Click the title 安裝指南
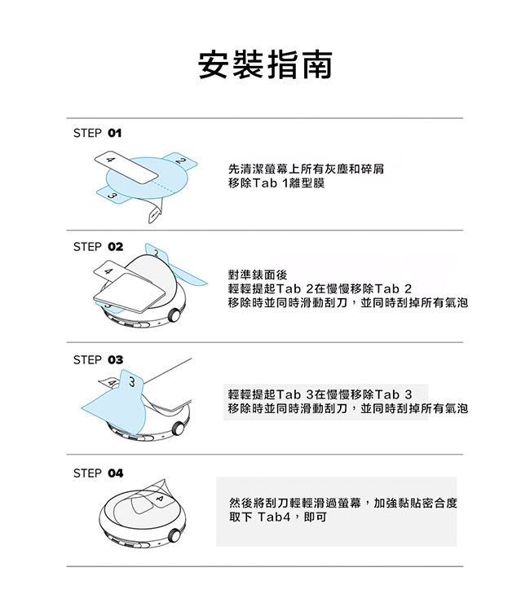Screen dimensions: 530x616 265,65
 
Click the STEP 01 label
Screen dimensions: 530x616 97,133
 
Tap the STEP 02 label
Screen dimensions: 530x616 98,247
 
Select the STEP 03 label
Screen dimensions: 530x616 98,360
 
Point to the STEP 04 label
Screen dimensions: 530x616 98,473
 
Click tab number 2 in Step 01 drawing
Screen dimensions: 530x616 179,161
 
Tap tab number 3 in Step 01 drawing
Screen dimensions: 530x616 113,196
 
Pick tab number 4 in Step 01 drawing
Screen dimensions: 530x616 126,167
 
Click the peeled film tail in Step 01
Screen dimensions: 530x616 155,212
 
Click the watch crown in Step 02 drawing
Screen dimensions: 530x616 174,315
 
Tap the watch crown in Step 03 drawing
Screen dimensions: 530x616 179,429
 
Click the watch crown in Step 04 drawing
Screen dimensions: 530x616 174,535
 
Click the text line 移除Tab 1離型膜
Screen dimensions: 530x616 276,183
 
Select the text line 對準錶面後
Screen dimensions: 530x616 258,275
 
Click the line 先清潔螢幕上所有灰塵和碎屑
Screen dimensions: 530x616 306,169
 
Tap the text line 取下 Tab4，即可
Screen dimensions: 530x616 278,517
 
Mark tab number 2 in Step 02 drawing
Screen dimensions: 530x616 157,253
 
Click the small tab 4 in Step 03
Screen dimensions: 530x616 109,382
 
